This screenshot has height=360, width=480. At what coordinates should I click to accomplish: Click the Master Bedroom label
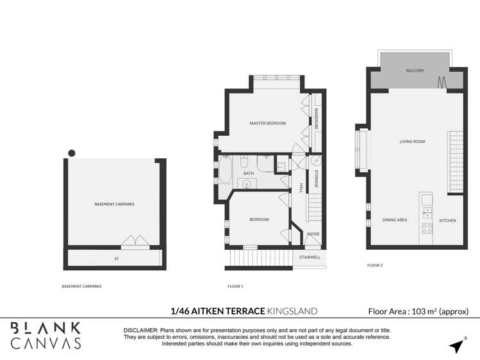[267, 123]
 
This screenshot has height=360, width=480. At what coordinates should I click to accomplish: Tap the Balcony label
[415, 70]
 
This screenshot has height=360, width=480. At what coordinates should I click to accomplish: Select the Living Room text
[412, 142]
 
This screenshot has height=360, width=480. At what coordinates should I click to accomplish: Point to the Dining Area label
[395, 220]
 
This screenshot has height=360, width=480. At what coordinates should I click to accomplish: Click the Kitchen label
[447, 220]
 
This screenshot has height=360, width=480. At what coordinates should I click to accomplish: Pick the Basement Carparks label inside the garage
[110, 204]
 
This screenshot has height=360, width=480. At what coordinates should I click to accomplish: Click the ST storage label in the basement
[117, 259]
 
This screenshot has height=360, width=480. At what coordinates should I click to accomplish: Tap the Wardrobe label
[316, 119]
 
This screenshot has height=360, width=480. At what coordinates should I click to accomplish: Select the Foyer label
[313, 234]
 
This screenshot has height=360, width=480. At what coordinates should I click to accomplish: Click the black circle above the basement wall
[72, 152]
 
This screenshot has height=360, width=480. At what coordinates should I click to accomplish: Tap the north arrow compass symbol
[456, 345]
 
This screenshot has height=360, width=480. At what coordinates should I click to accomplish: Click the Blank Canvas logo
[47, 336]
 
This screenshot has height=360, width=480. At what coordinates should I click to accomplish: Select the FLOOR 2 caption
[375, 265]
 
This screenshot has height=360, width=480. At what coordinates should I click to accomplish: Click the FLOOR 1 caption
[235, 286]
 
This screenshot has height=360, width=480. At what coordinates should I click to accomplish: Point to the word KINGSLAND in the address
[292, 311]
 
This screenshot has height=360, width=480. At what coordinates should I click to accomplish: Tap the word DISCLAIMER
[142, 330]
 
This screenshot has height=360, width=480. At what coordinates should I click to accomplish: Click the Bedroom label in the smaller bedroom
[259, 220]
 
